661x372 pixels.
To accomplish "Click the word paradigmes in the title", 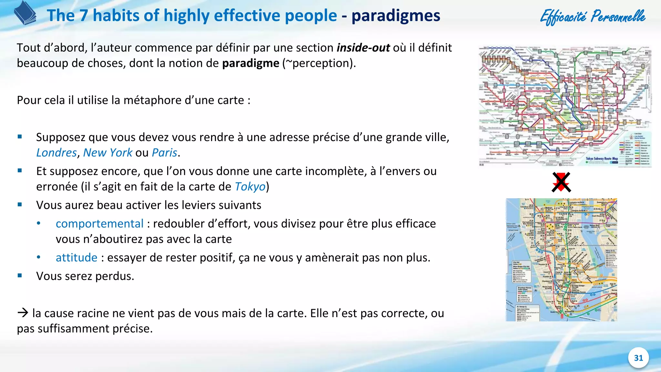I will tap(396, 15).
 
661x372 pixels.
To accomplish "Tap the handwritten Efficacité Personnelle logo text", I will tap(593, 17).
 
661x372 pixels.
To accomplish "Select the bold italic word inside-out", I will tap(363, 48).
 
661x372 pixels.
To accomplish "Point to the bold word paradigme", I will tap(250, 63).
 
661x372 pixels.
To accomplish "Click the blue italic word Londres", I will tap(56, 152).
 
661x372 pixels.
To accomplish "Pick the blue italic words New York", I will tap(107, 152).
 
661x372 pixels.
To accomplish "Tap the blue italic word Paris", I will tap(165, 152).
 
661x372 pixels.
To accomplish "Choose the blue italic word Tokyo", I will tap(250, 187).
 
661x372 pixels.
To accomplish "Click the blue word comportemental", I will tap(99, 223).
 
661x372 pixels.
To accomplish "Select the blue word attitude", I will tap(76, 258).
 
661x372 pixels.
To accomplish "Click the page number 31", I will tap(638, 358).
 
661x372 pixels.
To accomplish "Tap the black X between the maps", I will tap(561, 182).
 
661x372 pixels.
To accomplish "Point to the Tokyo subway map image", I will tap(565, 106).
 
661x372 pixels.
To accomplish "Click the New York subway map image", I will tap(561, 260).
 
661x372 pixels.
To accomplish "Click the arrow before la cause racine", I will tap(23, 313).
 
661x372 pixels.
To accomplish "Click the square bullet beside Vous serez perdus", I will tap(20, 275).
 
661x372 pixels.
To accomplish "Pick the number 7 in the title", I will tap(84, 15).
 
